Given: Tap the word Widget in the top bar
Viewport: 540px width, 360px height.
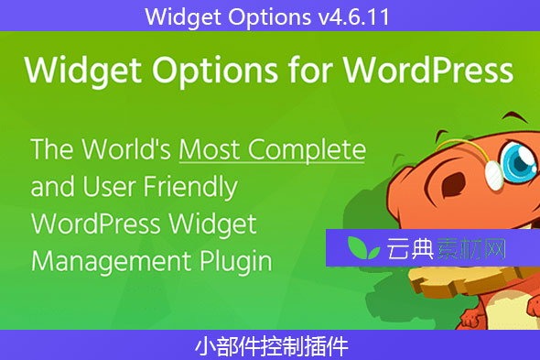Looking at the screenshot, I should (x=175, y=16).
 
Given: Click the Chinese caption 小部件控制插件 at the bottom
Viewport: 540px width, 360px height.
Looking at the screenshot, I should (x=270, y=345).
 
